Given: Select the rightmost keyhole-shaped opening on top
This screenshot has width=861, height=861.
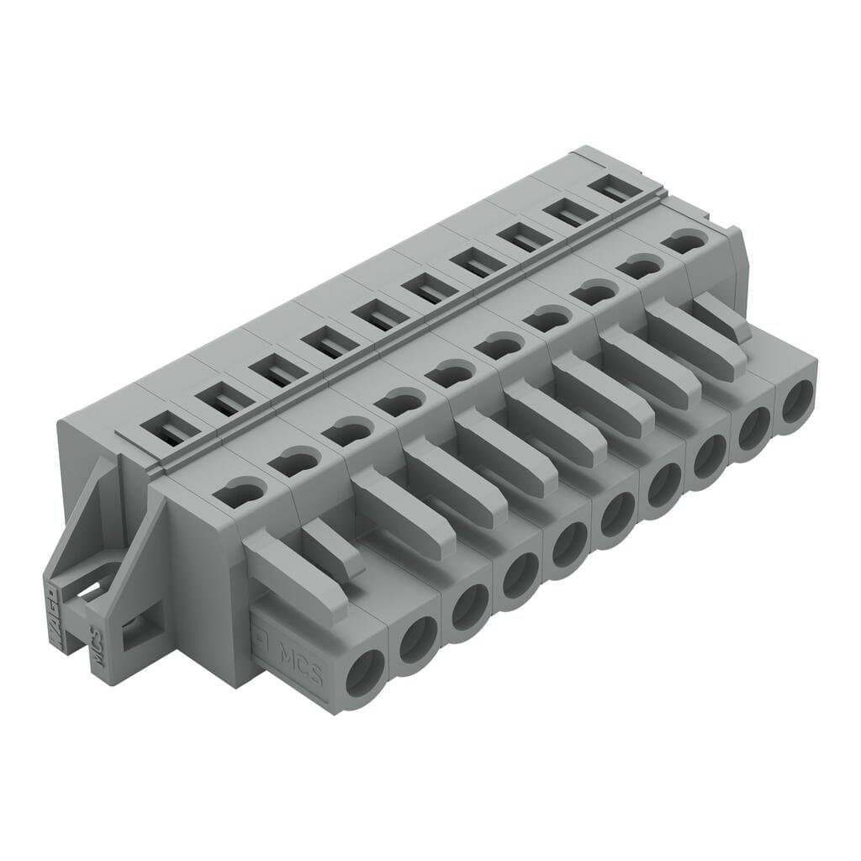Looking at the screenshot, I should (685, 242).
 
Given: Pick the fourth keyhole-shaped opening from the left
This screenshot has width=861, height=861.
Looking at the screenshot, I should (394, 403).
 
